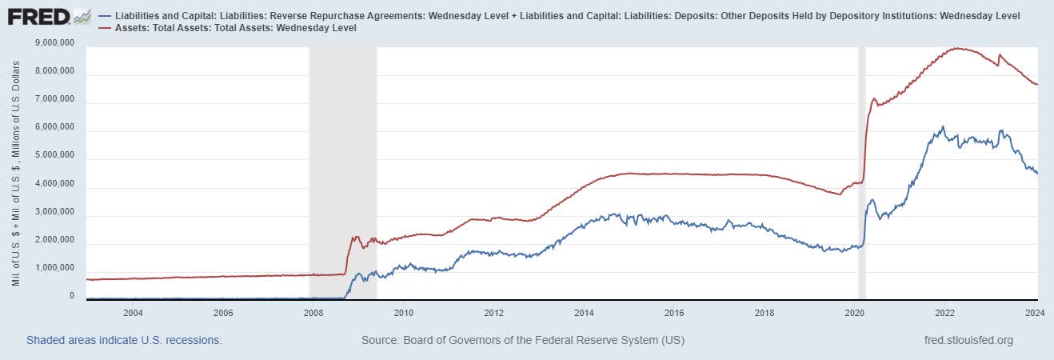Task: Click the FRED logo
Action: tap(48, 16)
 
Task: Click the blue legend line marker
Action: tap(106, 16)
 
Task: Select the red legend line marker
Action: tap(106, 28)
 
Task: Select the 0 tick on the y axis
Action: tap(71, 296)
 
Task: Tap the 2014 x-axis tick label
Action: tap(584, 313)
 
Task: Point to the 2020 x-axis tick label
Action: tap(855, 313)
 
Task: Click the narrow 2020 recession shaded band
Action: tap(861, 160)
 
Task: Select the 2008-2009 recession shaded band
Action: tap(342, 160)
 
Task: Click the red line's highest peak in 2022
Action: tap(957, 48)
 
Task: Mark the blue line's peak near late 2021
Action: tap(943, 126)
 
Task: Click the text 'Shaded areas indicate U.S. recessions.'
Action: tap(124, 340)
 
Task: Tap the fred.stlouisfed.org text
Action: tap(968, 340)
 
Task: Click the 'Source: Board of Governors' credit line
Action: tap(522, 340)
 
